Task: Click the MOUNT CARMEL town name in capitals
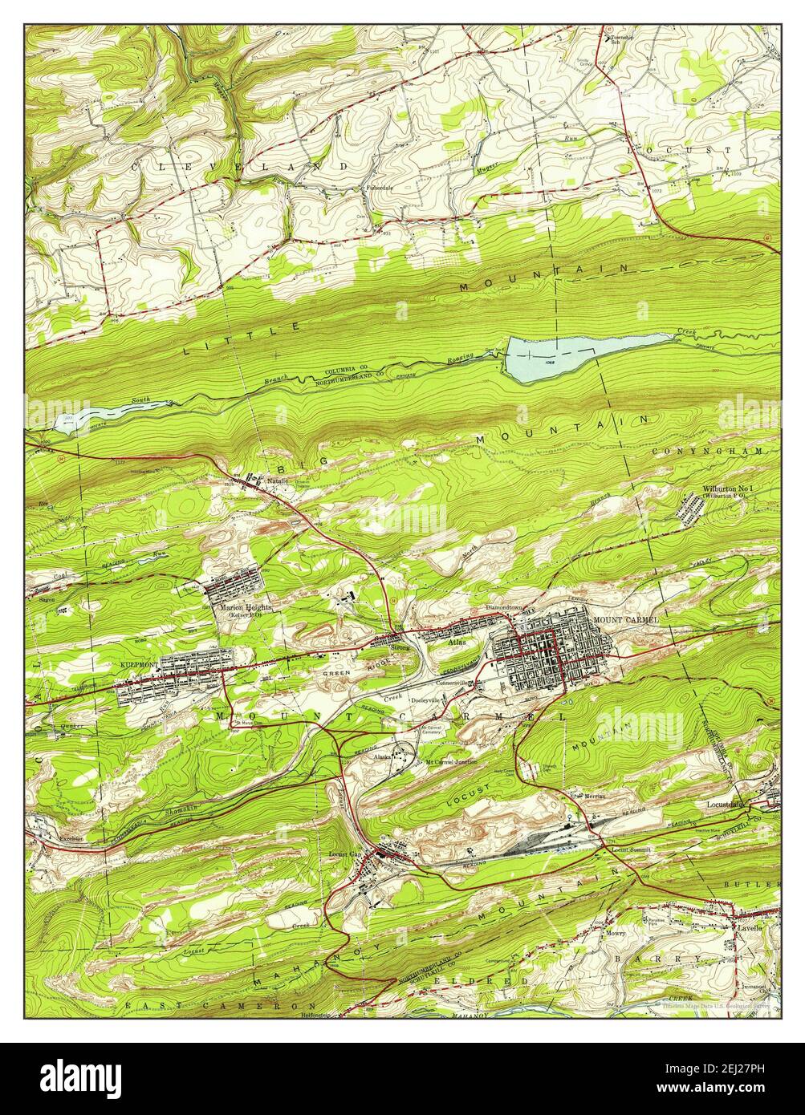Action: click(x=625, y=621)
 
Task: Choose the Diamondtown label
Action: click(x=504, y=608)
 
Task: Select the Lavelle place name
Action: click(x=749, y=928)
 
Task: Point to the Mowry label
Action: click(x=616, y=933)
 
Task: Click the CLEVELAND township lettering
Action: click(x=241, y=165)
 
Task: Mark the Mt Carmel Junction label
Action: click(x=451, y=761)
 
